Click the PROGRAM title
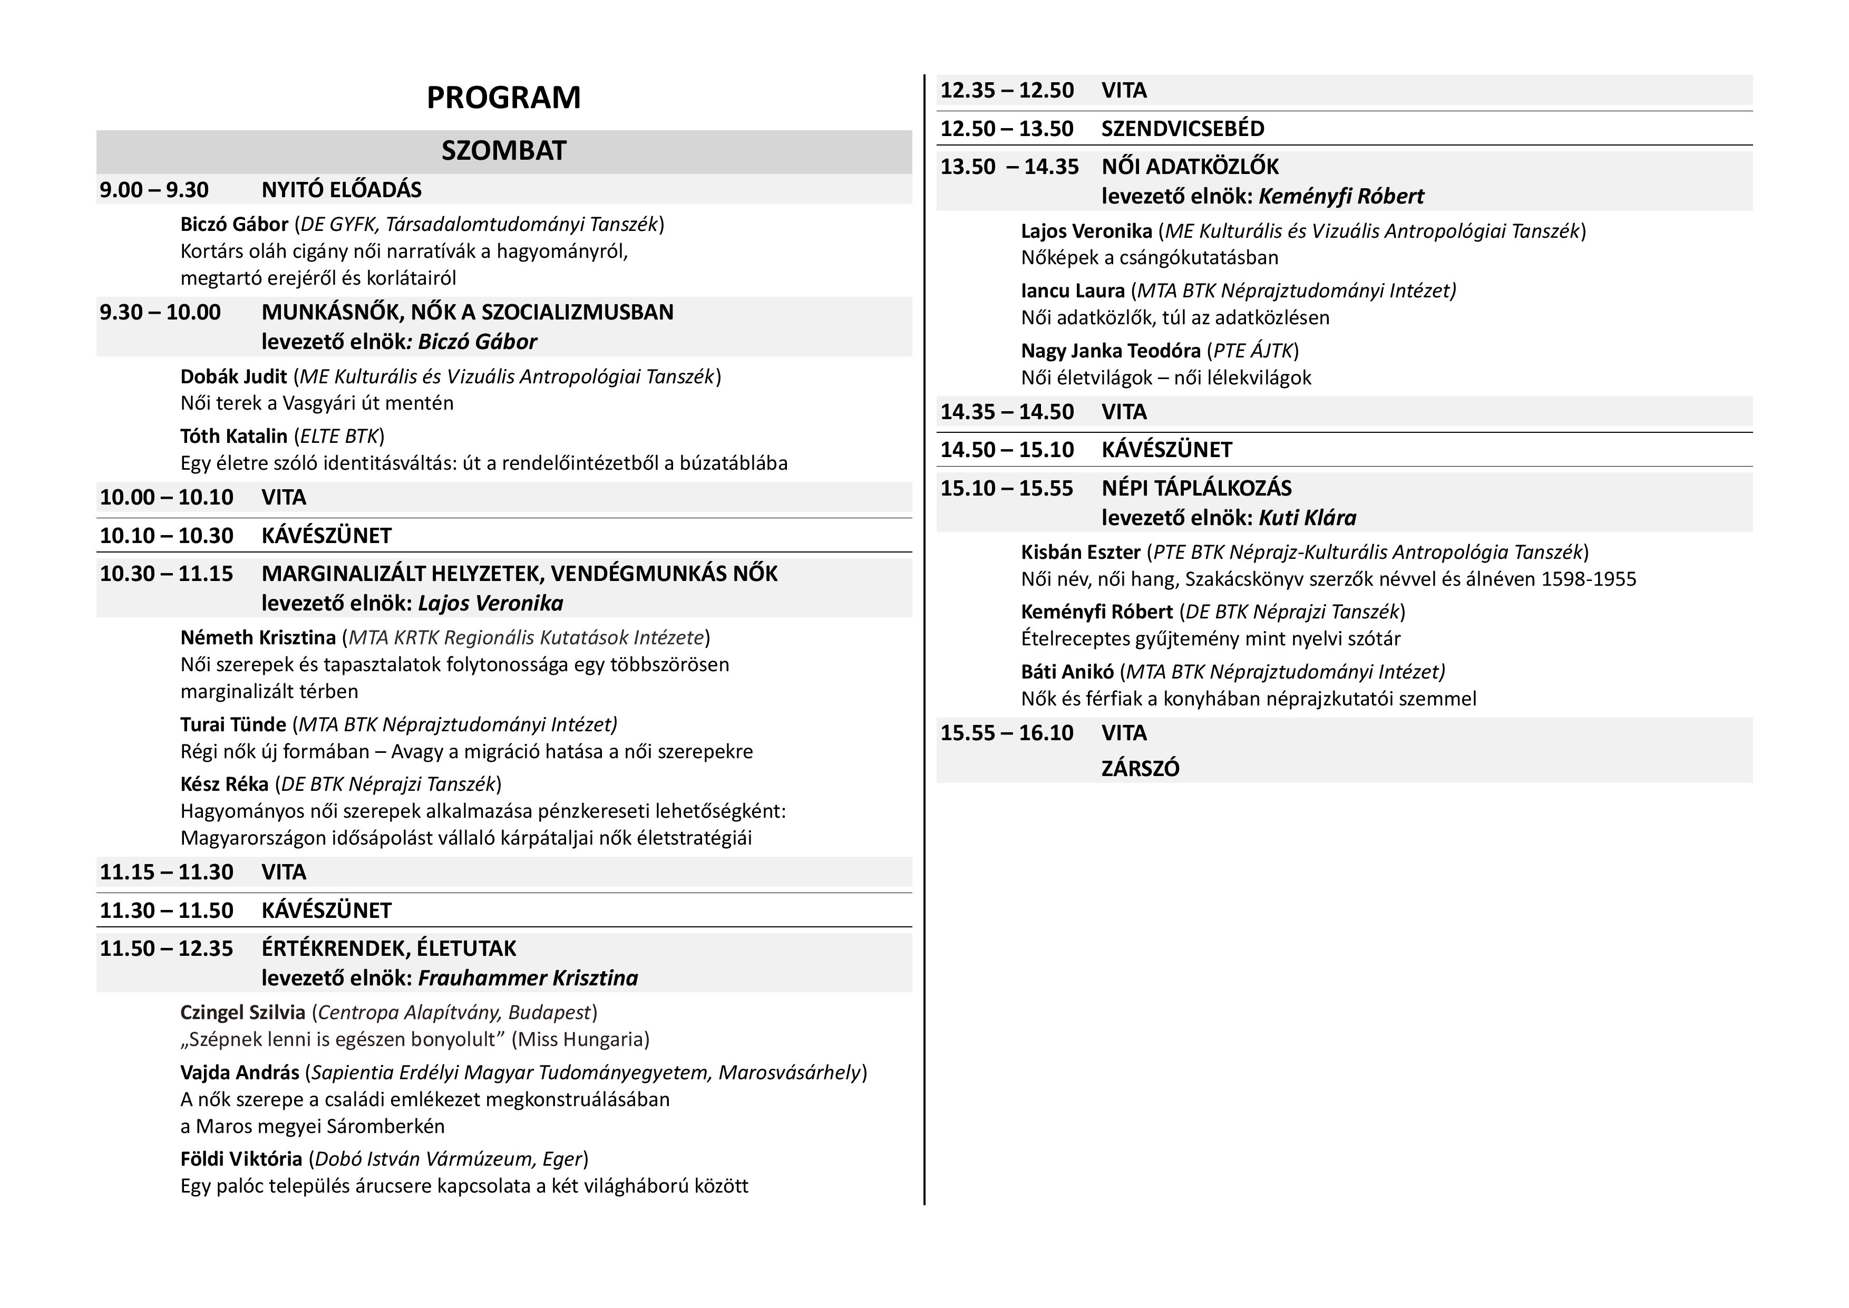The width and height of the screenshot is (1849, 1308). point(503,98)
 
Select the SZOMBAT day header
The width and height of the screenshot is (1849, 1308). point(503,151)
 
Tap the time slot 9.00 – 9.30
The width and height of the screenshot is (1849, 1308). point(154,190)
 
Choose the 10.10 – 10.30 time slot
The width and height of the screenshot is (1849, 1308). point(167,536)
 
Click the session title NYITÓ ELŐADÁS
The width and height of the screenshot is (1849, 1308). point(342,190)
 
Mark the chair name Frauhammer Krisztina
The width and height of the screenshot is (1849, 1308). point(528,978)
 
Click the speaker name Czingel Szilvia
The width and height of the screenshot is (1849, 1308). point(242,1012)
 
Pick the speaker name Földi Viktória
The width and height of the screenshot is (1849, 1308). point(241,1159)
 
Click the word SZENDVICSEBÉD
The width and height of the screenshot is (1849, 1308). point(1182,129)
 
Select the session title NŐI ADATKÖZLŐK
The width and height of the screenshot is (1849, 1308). point(1190,167)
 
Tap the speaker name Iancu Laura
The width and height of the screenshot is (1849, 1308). point(1073,291)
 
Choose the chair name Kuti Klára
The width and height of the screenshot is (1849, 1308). point(1307,518)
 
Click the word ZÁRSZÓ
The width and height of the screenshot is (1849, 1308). point(1140,768)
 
